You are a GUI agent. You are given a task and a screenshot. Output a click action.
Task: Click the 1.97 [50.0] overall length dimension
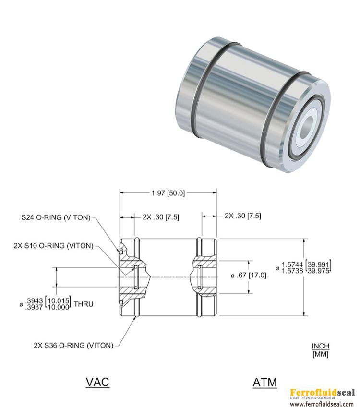(168, 193)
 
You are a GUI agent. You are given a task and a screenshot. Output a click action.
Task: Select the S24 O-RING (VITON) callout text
(56, 217)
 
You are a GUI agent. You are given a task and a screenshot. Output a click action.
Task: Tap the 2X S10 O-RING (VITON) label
(53, 246)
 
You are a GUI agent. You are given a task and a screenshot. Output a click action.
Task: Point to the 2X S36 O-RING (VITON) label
(73, 346)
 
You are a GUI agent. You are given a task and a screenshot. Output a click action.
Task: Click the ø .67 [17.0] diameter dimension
(249, 276)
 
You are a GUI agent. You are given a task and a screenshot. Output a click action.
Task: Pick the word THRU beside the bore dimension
(84, 304)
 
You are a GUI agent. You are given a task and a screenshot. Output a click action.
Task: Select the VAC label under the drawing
(97, 382)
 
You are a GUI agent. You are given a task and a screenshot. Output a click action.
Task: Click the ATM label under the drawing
(265, 383)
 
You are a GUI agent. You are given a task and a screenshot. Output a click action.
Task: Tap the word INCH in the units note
(321, 346)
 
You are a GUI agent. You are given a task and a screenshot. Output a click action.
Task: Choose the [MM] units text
(321, 354)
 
